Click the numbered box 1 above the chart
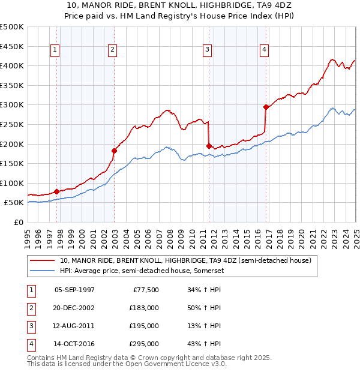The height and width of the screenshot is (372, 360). (55, 50)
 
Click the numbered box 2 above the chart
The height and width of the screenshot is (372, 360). (112, 50)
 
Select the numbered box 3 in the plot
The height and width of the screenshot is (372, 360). (207, 50)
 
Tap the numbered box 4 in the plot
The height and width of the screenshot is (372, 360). (264, 50)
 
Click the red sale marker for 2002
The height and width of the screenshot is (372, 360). (114, 151)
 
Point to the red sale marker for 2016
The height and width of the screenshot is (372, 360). (266, 107)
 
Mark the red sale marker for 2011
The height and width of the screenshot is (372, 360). (209, 146)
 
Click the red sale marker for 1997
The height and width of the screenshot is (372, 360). (57, 191)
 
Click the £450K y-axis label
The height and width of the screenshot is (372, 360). (13, 46)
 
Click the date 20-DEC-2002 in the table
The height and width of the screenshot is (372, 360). (74, 308)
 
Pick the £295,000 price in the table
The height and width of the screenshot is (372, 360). (144, 344)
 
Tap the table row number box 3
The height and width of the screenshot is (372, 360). (29, 326)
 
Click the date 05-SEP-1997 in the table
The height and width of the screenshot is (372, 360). (74, 290)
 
